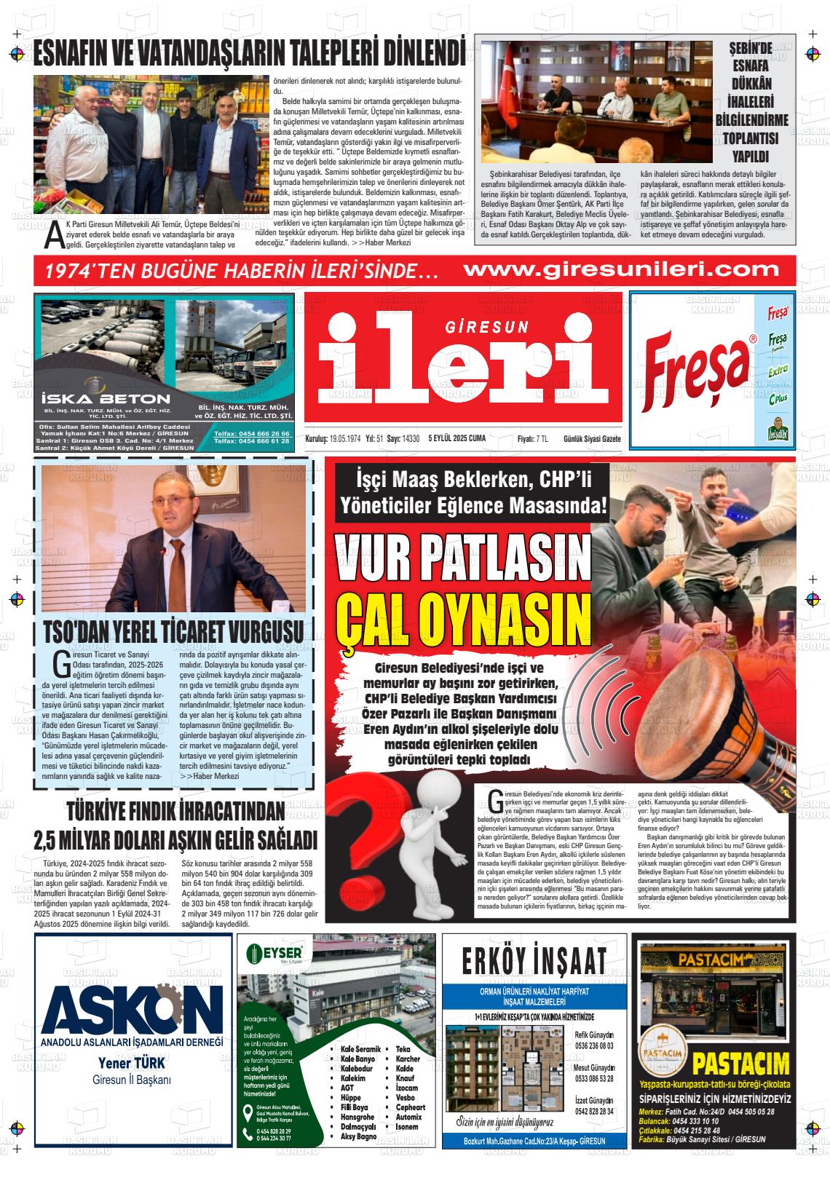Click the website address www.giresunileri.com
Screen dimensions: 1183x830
(621, 271)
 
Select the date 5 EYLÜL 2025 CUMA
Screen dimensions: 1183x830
(457, 438)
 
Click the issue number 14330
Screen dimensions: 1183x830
(411, 438)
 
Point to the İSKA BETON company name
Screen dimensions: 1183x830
(106, 399)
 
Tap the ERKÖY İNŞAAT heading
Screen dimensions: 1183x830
(534, 960)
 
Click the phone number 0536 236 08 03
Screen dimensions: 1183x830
(594, 1045)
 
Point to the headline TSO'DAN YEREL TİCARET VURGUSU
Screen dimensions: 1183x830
(173, 630)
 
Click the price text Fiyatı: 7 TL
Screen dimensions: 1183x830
(532, 438)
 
